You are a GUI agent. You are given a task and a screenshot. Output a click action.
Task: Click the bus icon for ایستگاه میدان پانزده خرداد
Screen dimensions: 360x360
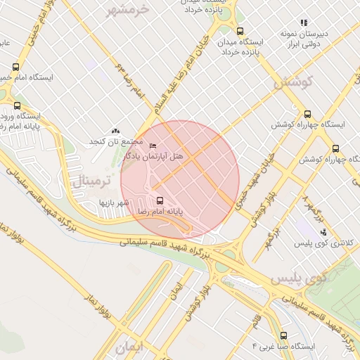(x=240, y=32)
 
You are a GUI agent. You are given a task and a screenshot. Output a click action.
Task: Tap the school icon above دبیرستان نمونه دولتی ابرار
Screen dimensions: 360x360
(x=304, y=22)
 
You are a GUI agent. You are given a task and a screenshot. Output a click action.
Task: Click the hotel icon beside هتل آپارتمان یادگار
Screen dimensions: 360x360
(x=153, y=146)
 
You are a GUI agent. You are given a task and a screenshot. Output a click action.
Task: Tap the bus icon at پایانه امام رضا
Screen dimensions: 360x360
(x=159, y=200)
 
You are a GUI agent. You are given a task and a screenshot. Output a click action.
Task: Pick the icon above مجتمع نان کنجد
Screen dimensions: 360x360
(x=116, y=131)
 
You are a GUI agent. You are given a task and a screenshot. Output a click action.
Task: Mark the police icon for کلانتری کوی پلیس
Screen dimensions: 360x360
(x=323, y=232)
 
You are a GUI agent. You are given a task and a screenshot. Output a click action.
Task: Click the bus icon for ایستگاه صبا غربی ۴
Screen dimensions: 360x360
(x=283, y=335)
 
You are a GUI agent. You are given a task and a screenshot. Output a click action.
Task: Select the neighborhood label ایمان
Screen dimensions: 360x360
(x=130, y=347)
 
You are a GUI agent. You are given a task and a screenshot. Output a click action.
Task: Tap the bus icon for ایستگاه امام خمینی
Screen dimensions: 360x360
(x=15, y=67)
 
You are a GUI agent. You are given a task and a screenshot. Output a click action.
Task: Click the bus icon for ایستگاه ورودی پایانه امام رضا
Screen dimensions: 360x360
(x=17, y=105)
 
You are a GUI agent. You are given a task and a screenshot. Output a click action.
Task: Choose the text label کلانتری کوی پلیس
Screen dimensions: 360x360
(x=324, y=244)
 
